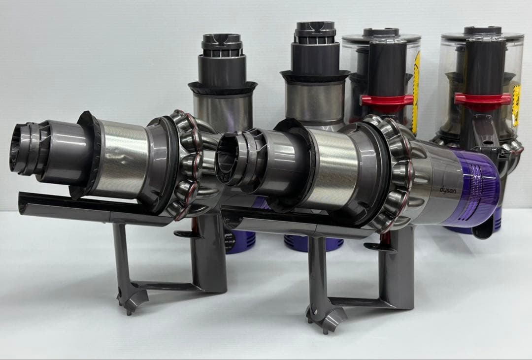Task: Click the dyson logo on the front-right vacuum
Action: pos(447,190)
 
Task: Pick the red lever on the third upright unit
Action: pos(387,100)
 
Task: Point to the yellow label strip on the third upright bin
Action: pos(416,94)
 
